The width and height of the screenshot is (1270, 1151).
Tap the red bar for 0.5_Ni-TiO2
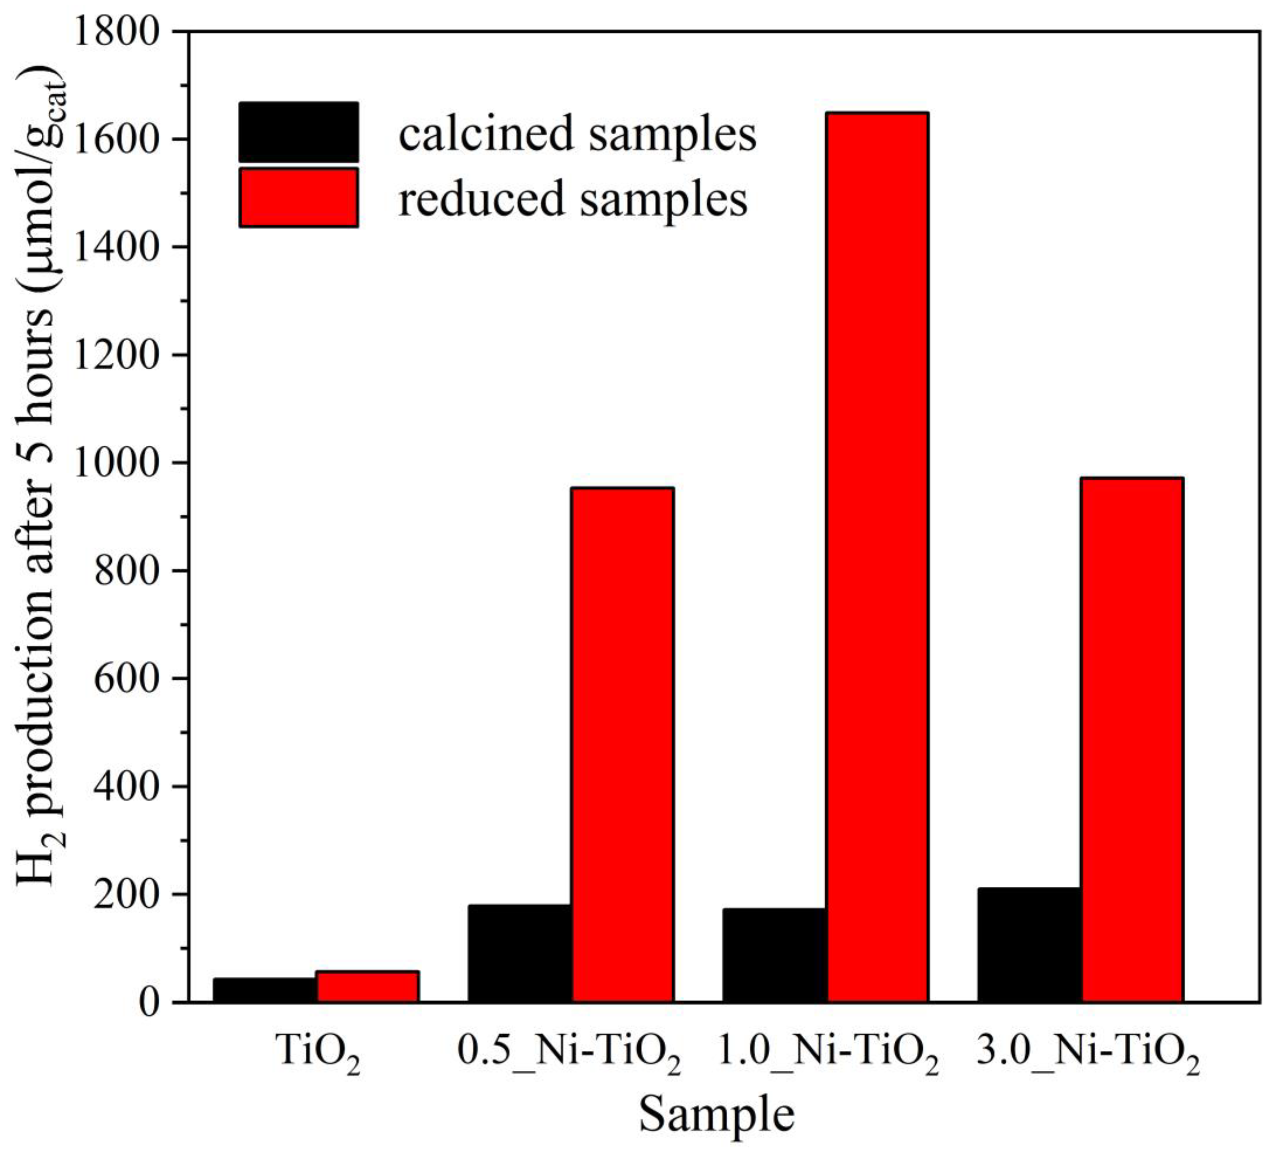[623, 744]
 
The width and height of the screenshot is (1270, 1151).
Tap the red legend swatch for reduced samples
[299, 197]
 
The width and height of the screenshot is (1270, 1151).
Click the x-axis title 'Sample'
[716, 1114]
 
